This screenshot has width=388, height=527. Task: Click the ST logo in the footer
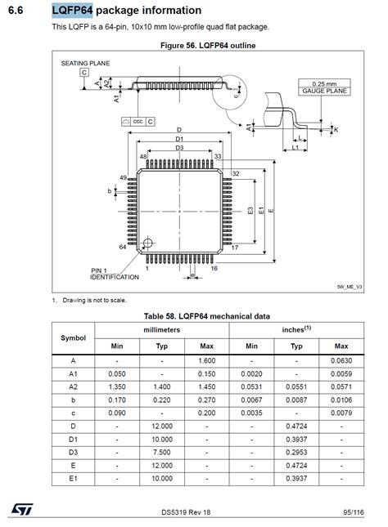click(22, 509)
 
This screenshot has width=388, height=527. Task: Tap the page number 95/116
click(354, 512)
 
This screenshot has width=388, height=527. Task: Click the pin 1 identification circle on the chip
click(147, 243)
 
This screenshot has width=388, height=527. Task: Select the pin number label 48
click(143, 157)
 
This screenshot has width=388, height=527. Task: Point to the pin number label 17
click(235, 248)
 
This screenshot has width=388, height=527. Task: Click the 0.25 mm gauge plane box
click(324, 87)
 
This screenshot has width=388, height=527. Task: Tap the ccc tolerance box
click(138, 121)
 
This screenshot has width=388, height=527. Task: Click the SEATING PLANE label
click(85, 63)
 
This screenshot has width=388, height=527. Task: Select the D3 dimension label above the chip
click(179, 148)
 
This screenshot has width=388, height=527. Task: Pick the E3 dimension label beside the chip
click(250, 211)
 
